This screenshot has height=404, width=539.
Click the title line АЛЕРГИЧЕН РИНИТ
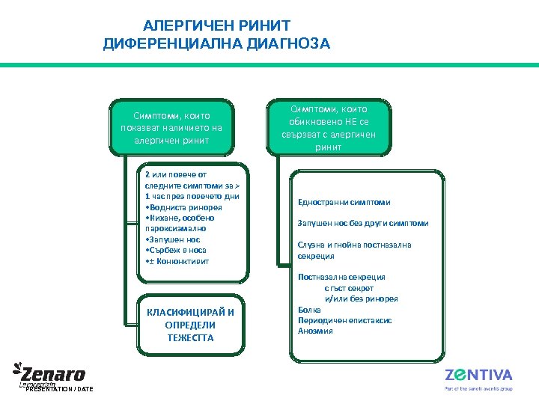coord(216,26)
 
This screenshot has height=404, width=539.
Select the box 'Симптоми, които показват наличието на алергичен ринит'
coord(171,127)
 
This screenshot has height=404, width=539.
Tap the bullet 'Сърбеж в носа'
coord(177,250)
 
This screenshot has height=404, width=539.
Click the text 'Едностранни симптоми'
coord(344,202)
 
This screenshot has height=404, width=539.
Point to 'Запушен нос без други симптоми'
coord(362,223)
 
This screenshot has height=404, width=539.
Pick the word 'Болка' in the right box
coord(309,309)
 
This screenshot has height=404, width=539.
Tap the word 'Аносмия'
coord(315,330)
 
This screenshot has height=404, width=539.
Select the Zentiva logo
coord(478,376)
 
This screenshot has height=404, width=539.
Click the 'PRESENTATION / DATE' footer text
coord(59,389)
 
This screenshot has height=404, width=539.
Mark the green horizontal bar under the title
coord(269,65)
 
